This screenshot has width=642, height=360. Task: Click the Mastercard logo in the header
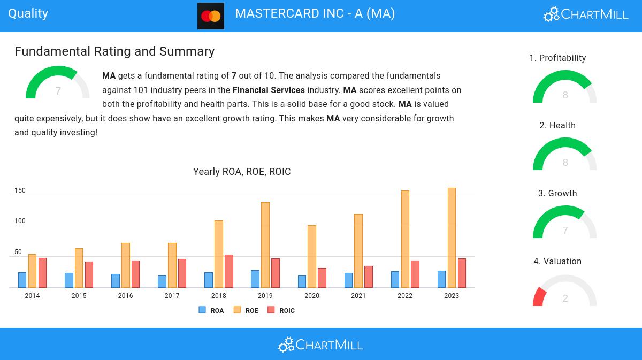[x=210, y=16]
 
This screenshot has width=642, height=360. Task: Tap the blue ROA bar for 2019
[x=255, y=279]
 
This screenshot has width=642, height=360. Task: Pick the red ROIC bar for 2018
[x=229, y=271]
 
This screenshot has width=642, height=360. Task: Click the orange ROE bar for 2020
[x=312, y=256]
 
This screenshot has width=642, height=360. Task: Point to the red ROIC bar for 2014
[x=42, y=272]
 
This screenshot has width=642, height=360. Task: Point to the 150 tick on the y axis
[x=20, y=190]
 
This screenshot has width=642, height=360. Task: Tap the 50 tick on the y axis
[x=18, y=252]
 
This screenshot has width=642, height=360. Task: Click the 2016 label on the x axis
[x=125, y=296]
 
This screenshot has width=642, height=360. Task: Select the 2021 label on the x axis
[x=358, y=296]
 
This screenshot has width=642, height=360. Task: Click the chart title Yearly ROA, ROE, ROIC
[x=242, y=172]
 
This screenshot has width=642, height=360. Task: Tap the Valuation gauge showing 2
[x=564, y=292]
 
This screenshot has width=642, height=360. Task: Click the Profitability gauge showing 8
[x=564, y=88]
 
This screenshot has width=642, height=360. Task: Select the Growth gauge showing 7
[x=564, y=224]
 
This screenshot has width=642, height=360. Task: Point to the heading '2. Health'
[x=557, y=126]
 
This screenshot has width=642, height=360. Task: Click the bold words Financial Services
[x=269, y=90]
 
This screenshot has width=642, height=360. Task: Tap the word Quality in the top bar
[x=28, y=13]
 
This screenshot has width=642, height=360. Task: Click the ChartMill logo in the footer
[x=320, y=344]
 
